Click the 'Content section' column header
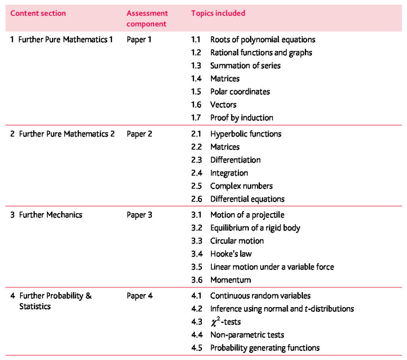[38, 13]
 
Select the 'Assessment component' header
[147, 18]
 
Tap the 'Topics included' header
[218, 13]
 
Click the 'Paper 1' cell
[139, 39]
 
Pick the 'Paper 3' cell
[139, 215]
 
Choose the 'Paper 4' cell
[139, 296]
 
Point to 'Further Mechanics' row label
[50, 215]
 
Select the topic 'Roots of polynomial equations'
[263, 39]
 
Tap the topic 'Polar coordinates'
[240, 91]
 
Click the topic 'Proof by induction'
[242, 118]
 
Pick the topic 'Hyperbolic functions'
[246, 134]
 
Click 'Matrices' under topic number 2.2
[225, 147]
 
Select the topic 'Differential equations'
[247, 199]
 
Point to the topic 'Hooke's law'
[231, 254]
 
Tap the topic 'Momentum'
[231, 280]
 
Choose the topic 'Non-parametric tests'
[247, 335]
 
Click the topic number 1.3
[196, 66]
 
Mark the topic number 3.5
[197, 267]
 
